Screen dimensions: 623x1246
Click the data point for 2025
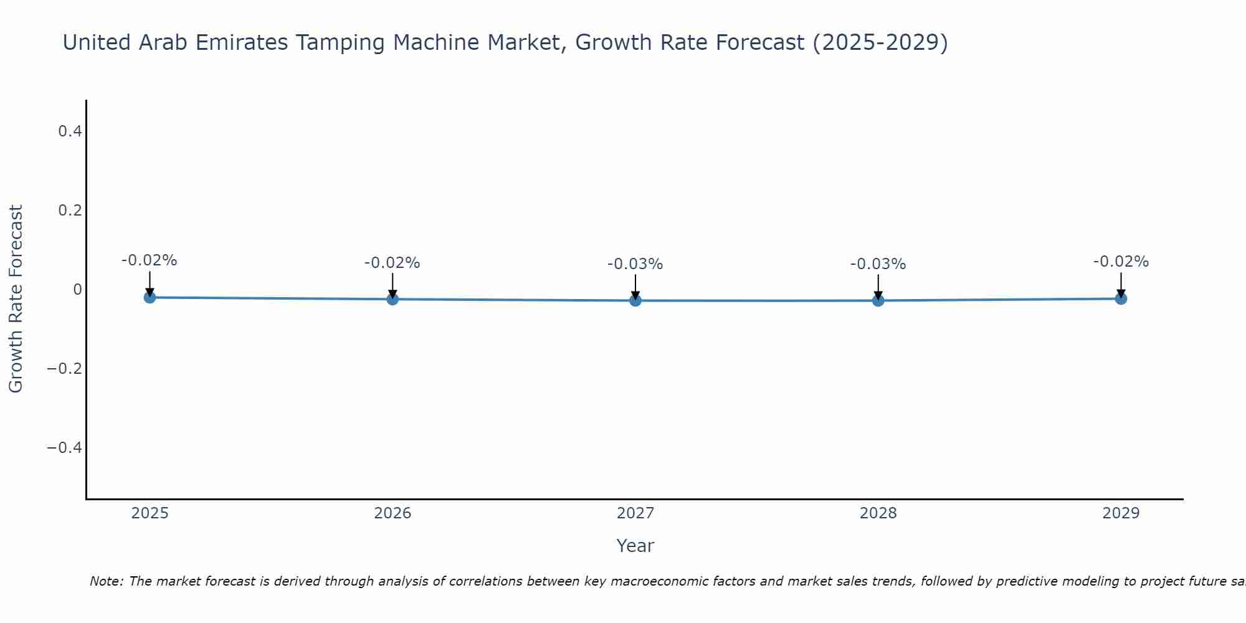150,298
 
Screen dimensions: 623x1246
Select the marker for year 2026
392,299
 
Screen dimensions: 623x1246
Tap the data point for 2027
635,301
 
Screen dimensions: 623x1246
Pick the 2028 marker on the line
878,301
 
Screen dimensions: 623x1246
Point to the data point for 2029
1121,298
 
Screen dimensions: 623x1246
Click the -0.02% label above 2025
149,260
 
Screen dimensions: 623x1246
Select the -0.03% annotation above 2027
635,264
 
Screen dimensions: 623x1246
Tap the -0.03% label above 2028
878,264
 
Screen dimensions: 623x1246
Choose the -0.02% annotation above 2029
1121,262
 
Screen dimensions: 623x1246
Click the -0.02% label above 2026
392,263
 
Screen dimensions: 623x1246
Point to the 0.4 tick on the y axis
70,131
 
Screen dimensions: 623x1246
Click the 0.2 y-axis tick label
70,210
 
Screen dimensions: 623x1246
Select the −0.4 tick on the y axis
64,447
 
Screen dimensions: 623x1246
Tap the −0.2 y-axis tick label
64,368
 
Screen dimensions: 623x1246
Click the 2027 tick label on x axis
635,513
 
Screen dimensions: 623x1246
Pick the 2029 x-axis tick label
1121,513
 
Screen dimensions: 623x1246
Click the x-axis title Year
635,546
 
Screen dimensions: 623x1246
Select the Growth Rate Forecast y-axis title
16,298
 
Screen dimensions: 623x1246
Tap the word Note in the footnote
106,581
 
